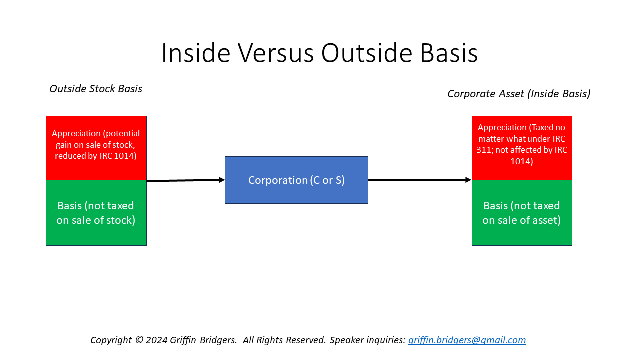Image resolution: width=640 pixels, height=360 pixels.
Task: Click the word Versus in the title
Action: [274, 53]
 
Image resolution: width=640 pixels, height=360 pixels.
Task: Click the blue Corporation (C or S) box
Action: [296, 180]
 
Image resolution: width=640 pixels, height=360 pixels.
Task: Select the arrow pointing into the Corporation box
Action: [185, 180]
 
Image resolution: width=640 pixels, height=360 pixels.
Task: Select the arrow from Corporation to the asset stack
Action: [420, 180]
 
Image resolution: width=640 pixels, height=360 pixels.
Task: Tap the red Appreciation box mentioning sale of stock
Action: [96, 148]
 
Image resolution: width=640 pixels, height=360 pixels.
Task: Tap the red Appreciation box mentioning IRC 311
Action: [522, 148]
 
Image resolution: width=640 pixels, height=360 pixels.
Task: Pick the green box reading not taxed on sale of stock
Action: [96, 213]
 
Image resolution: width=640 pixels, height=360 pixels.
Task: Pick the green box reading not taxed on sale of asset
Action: [522, 213]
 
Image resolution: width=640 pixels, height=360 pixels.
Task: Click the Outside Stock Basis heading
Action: [96, 89]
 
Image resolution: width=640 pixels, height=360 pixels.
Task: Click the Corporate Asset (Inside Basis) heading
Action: [519, 94]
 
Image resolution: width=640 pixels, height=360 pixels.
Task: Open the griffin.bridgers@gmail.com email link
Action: [467, 340]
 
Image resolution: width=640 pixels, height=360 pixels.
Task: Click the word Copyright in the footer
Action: [111, 340]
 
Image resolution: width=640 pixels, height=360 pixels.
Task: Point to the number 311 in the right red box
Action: [484, 149]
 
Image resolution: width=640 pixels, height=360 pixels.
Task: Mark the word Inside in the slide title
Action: [195, 53]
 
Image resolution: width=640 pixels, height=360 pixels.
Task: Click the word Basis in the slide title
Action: [449, 53]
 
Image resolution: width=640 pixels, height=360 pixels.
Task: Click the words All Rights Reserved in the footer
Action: [284, 340]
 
